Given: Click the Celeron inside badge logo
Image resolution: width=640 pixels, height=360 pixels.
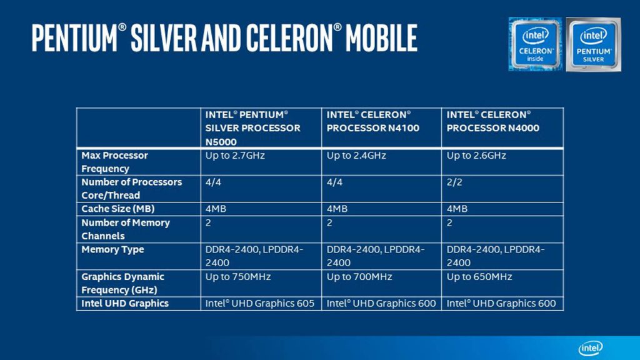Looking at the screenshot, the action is click(536, 44).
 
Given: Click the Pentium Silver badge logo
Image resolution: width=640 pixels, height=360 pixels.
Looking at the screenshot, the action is click(594, 44).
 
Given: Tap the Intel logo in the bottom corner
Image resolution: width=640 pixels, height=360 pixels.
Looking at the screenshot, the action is click(591, 347).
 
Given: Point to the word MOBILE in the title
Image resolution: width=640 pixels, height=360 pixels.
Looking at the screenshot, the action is click(381, 38).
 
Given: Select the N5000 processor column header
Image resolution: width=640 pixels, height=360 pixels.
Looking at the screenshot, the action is click(252, 128).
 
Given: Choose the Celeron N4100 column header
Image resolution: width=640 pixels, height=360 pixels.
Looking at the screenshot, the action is click(372, 121).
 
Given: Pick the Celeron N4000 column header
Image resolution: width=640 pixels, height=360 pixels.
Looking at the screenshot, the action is click(492, 121).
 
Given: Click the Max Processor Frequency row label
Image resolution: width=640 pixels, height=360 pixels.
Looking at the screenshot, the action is click(114, 162).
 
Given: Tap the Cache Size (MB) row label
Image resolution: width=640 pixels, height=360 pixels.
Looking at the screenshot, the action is click(117, 209).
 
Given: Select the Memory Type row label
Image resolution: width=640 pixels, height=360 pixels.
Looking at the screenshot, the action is click(112, 249).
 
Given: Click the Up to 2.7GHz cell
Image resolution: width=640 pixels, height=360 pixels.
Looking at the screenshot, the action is click(235, 156).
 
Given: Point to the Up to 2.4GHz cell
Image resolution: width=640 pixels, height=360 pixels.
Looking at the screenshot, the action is click(356, 156).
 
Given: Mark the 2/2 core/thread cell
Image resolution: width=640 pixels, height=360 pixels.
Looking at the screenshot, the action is click(454, 182).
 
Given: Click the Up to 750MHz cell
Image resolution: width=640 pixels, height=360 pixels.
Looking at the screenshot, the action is click(238, 277).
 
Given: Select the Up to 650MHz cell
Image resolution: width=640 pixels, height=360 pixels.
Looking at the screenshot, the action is click(479, 277).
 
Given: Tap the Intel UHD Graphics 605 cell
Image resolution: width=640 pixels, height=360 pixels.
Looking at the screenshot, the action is click(259, 303).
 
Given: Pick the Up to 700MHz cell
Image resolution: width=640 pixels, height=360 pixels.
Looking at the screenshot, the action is click(359, 277).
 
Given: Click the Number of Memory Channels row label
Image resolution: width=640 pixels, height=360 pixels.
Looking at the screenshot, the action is click(125, 229).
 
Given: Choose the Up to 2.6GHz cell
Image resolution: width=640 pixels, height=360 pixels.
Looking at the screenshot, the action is click(476, 156).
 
